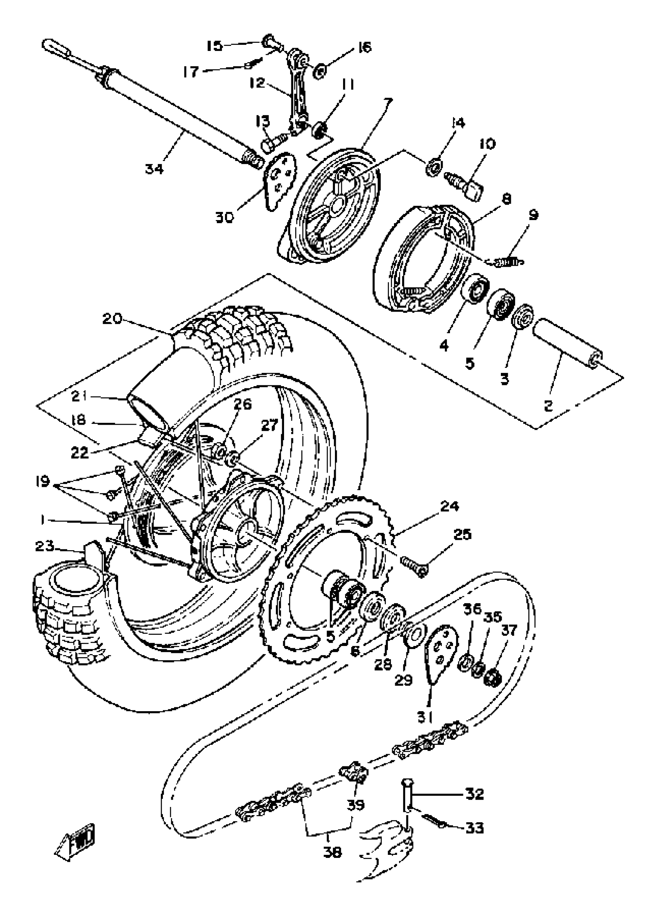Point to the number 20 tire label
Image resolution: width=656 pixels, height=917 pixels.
pyautogui.click(x=112, y=319)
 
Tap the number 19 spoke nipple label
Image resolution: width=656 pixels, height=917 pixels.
pyautogui.click(x=42, y=481)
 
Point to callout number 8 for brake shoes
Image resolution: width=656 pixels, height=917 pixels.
pyautogui.click(x=506, y=199)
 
